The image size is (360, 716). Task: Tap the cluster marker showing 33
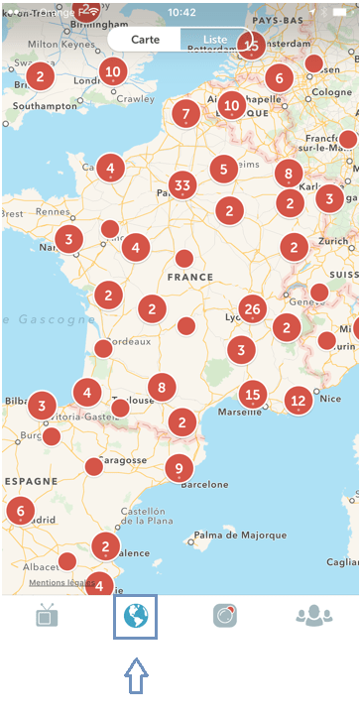point(181,185)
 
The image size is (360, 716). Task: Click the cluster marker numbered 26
point(252,309)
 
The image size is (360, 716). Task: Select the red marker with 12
point(299,401)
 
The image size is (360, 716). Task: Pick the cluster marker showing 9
point(179,468)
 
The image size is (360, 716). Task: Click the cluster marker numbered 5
point(224,169)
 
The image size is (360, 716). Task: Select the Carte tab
point(146,40)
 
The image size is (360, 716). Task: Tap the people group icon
point(314,616)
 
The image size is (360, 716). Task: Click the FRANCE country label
point(190,279)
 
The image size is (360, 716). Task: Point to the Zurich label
point(328,241)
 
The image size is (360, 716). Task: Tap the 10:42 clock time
point(182,11)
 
